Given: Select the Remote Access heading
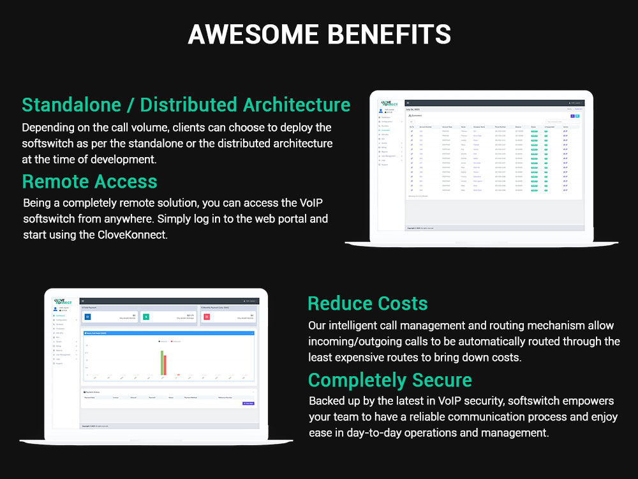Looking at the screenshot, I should click(x=89, y=181).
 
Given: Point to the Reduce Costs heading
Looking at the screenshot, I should click(x=367, y=303).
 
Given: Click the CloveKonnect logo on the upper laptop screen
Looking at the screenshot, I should click(x=389, y=103).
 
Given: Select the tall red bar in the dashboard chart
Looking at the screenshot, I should click(x=165, y=365).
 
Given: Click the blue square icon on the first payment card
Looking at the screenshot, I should click(x=89, y=316).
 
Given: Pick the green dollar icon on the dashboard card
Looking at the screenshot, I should click(x=145, y=316).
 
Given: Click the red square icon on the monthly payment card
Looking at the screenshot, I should click(x=207, y=316).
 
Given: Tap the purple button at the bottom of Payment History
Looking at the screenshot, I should click(x=248, y=403).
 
